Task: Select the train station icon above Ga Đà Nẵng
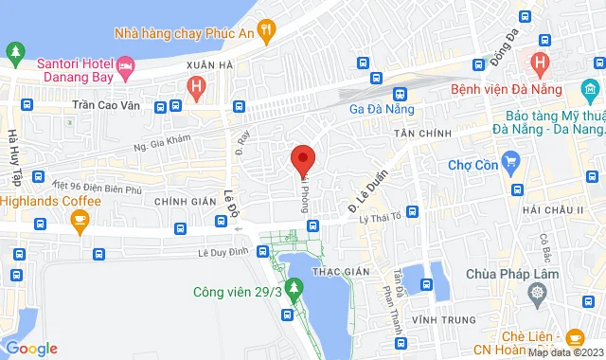click(401, 94)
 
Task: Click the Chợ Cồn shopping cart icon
click(511, 160)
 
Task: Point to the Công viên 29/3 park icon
click(294, 285)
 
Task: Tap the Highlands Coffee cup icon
click(80, 221)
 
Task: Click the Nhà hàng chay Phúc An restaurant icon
click(268, 31)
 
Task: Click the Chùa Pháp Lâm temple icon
click(538, 293)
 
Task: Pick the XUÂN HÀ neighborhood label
click(209, 64)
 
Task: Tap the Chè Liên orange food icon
click(574, 338)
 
